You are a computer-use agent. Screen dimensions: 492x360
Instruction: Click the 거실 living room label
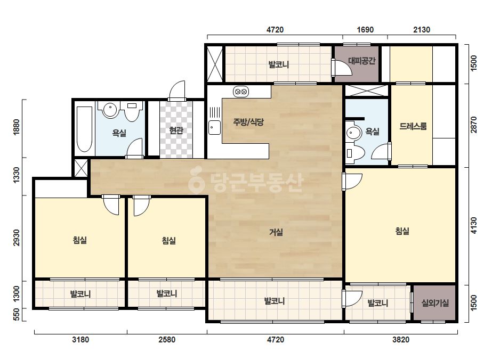pyautogui.click(x=276, y=232)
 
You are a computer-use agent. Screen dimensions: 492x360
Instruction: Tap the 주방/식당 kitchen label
pyautogui.click(x=248, y=121)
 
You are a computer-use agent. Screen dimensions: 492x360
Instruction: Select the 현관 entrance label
pyautogui.click(x=176, y=130)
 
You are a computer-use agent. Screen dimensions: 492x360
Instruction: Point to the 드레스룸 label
pyautogui.click(x=413, y=126)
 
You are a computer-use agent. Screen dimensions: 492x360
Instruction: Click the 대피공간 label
pyautogui.click(x=361, y=61)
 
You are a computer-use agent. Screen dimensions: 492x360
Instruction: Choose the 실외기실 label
pyautogui.click(x=435, y=303)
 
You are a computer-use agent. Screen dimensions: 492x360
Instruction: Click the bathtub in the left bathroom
pyautogui.click(x=84, y=129)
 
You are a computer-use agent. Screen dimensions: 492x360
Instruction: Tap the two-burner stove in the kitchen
pyautogui.click(x=241, y=92)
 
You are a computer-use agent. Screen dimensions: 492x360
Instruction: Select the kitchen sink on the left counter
pyautogui.click(x=215, y=127)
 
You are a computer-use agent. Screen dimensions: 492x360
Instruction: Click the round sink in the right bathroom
pyautogui.click(x=354, y=133)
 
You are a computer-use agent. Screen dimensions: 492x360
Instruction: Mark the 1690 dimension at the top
pyautogui.click(x=365, y=30)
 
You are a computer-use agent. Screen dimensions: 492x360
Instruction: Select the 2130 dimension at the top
pyautogui.click(x=422, y=30)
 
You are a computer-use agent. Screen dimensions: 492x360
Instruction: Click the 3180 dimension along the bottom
pyautogui.click(x=80, y=340)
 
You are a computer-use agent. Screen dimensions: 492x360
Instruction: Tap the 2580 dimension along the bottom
pyautogui.click(x=167, y=340)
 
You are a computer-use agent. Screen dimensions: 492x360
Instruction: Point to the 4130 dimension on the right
pyautogui.click(x=473, y=225)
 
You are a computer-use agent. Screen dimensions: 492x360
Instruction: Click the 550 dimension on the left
pyautogui.click(x=17, y=315)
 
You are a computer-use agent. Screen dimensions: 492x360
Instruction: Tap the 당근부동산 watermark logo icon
pyautogui.click(x=197, y=180)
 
